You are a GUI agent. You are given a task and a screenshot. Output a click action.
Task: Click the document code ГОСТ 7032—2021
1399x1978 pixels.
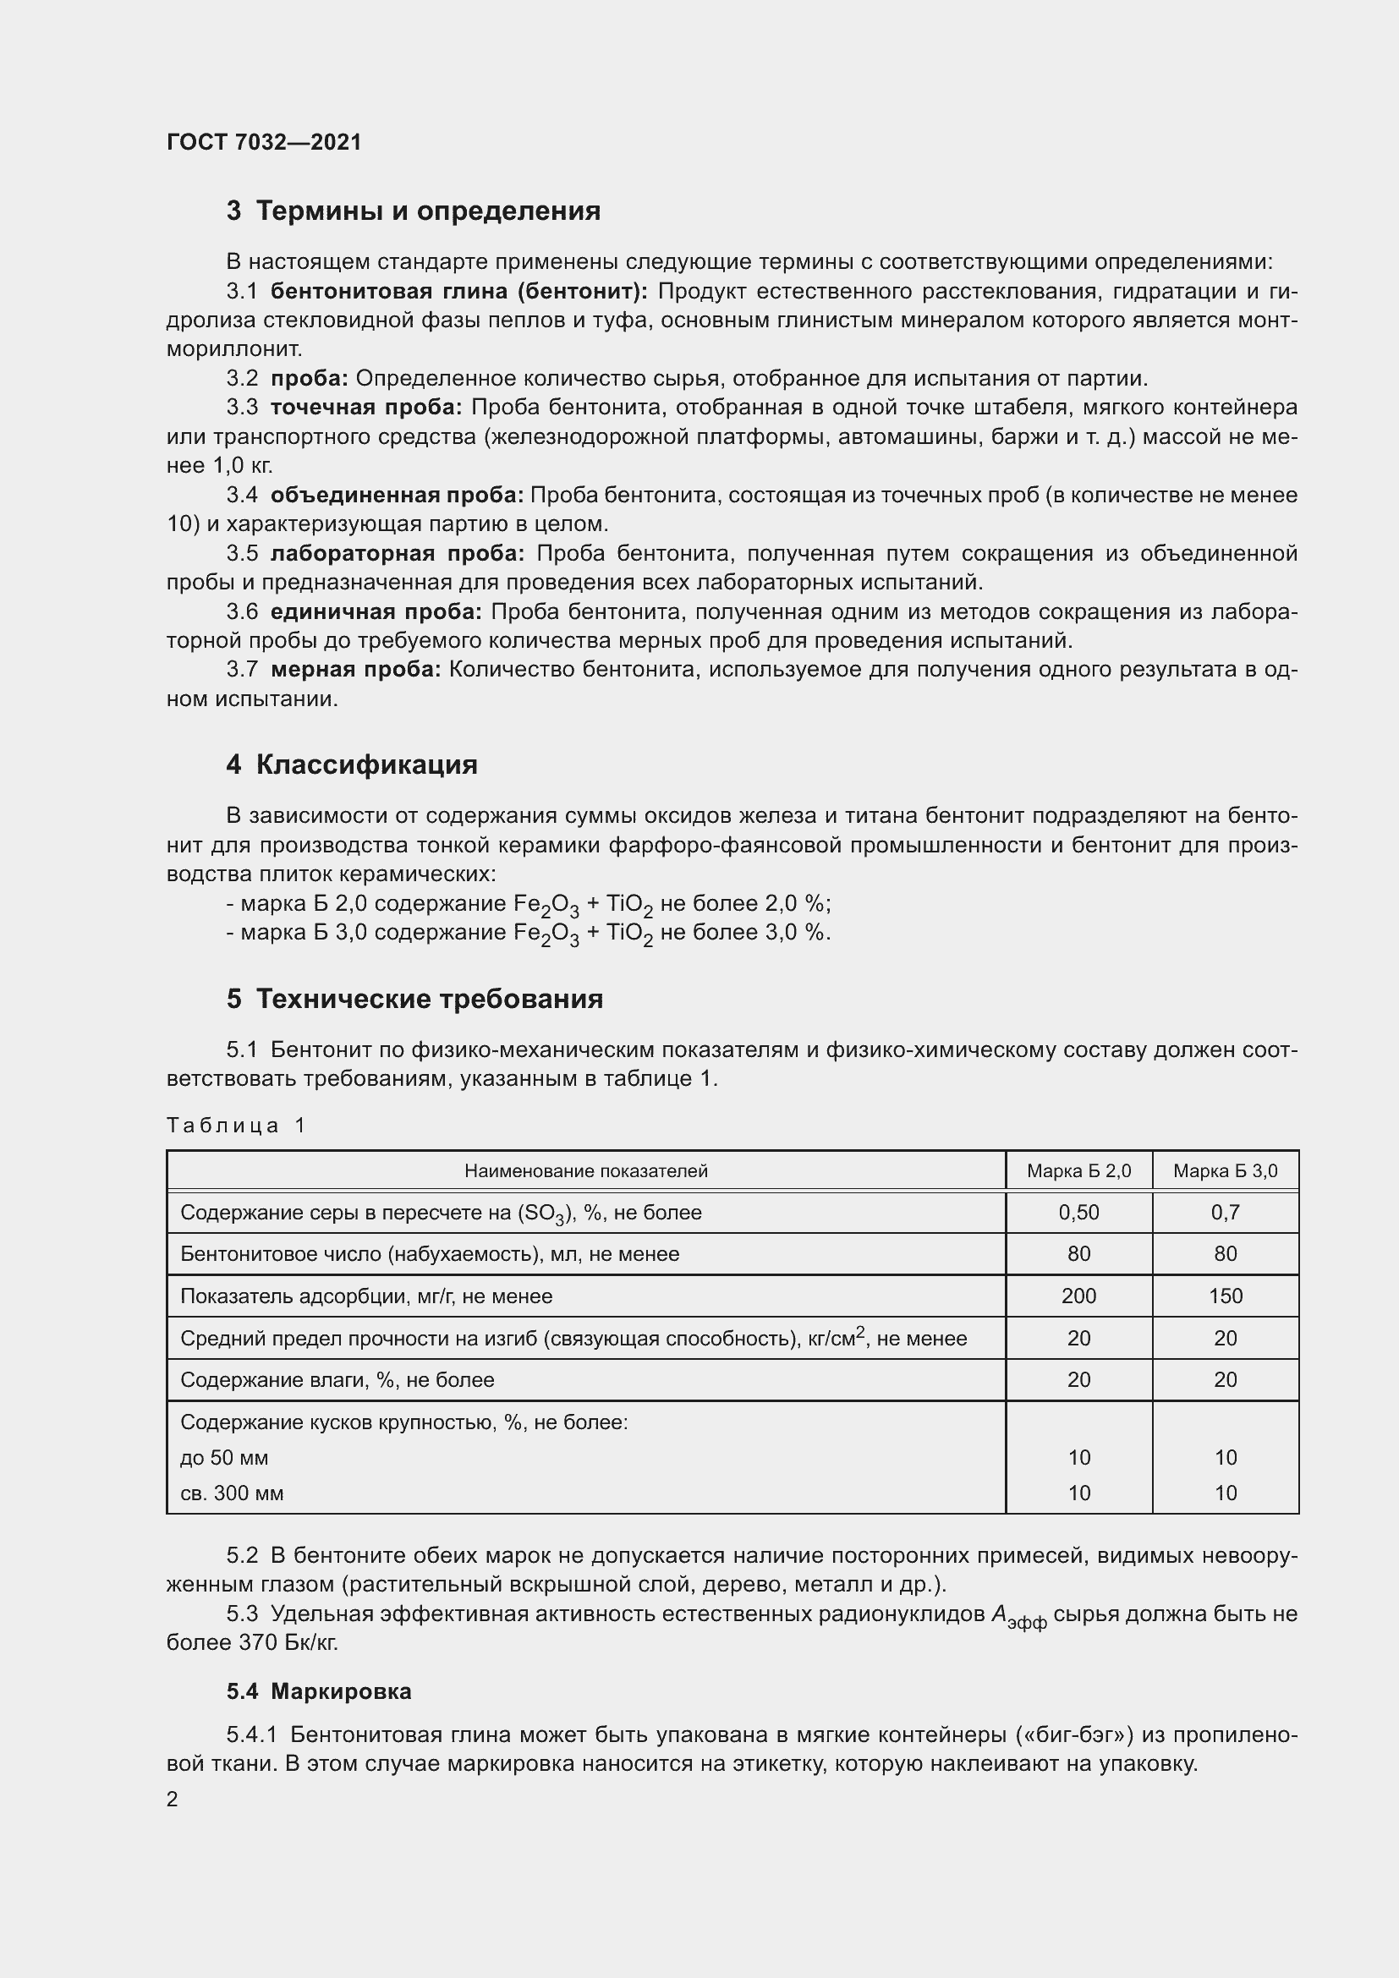click(x=264, y=142)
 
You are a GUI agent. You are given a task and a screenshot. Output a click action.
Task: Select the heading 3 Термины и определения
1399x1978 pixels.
click(x=413, y=211)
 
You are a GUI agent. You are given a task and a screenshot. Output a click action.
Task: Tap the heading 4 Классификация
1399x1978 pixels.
click(x=352, y=764)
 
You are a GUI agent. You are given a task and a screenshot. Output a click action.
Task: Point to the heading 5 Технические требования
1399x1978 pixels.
click(x=414, y=999)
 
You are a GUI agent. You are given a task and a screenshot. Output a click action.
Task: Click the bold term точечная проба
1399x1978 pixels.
click(x=365, y=408)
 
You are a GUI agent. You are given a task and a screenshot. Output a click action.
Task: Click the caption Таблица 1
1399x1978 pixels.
click(x=236, y=1125)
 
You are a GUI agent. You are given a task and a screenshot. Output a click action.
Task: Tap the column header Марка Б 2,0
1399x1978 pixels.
click(x=1078, y=1170)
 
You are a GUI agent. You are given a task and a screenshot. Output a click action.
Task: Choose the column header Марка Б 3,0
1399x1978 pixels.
click(x=1225, y=1170)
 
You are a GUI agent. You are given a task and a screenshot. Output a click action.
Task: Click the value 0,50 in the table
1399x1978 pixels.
click(x=1078, y=1212)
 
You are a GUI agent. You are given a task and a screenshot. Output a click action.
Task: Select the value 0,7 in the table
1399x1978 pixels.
click(x=1225, y=1212)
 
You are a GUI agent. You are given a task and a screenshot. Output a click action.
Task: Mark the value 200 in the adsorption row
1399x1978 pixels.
click(x=1078, y=1296)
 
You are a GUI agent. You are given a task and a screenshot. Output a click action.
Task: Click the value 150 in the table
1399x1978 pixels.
click(x=1225, y=1296)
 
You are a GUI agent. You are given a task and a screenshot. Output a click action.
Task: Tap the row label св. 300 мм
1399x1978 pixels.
click(x=232, y=1493)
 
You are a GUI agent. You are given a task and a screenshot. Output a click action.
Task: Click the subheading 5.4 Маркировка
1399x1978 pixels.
click(x=319, y=1691)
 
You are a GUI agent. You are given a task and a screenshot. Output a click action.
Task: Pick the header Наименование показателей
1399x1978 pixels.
click(x=586, y=1170)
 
